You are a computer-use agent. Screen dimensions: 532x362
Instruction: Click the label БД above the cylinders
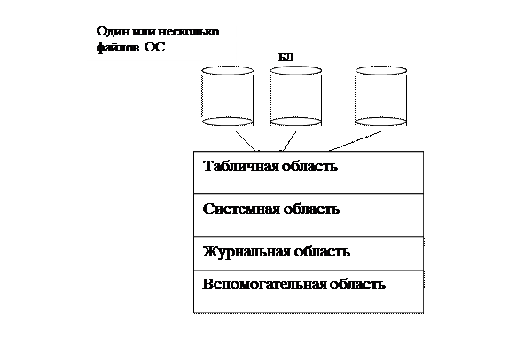pos(286,58)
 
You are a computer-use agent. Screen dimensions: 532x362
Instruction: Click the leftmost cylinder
pos(227,96)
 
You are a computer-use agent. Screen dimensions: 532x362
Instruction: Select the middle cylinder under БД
pos(296,96)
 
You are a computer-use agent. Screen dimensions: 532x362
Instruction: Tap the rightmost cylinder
pos(381,96)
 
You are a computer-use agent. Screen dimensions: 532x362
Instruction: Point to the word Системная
pos(241,209)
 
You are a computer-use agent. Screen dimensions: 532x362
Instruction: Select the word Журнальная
pos(246,252)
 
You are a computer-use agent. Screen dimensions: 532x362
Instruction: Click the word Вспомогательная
pos(264,284)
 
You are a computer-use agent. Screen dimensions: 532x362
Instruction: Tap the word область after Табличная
pos(309,167)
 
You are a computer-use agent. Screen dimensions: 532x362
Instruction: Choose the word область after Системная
pos(311,209)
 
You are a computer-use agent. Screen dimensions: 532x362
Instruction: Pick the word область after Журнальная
pos(322,252)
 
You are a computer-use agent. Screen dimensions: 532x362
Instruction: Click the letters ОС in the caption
pos(154,47)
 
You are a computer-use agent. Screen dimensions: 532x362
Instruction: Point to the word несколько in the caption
pos(188,32)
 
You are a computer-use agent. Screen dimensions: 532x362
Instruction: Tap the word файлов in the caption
pos(118,47)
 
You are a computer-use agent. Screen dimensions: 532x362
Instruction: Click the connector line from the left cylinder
pos(246,141)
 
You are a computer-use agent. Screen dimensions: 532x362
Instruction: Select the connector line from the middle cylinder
pos(289,141)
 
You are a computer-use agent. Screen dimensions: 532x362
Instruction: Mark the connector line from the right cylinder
pos(355,141)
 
